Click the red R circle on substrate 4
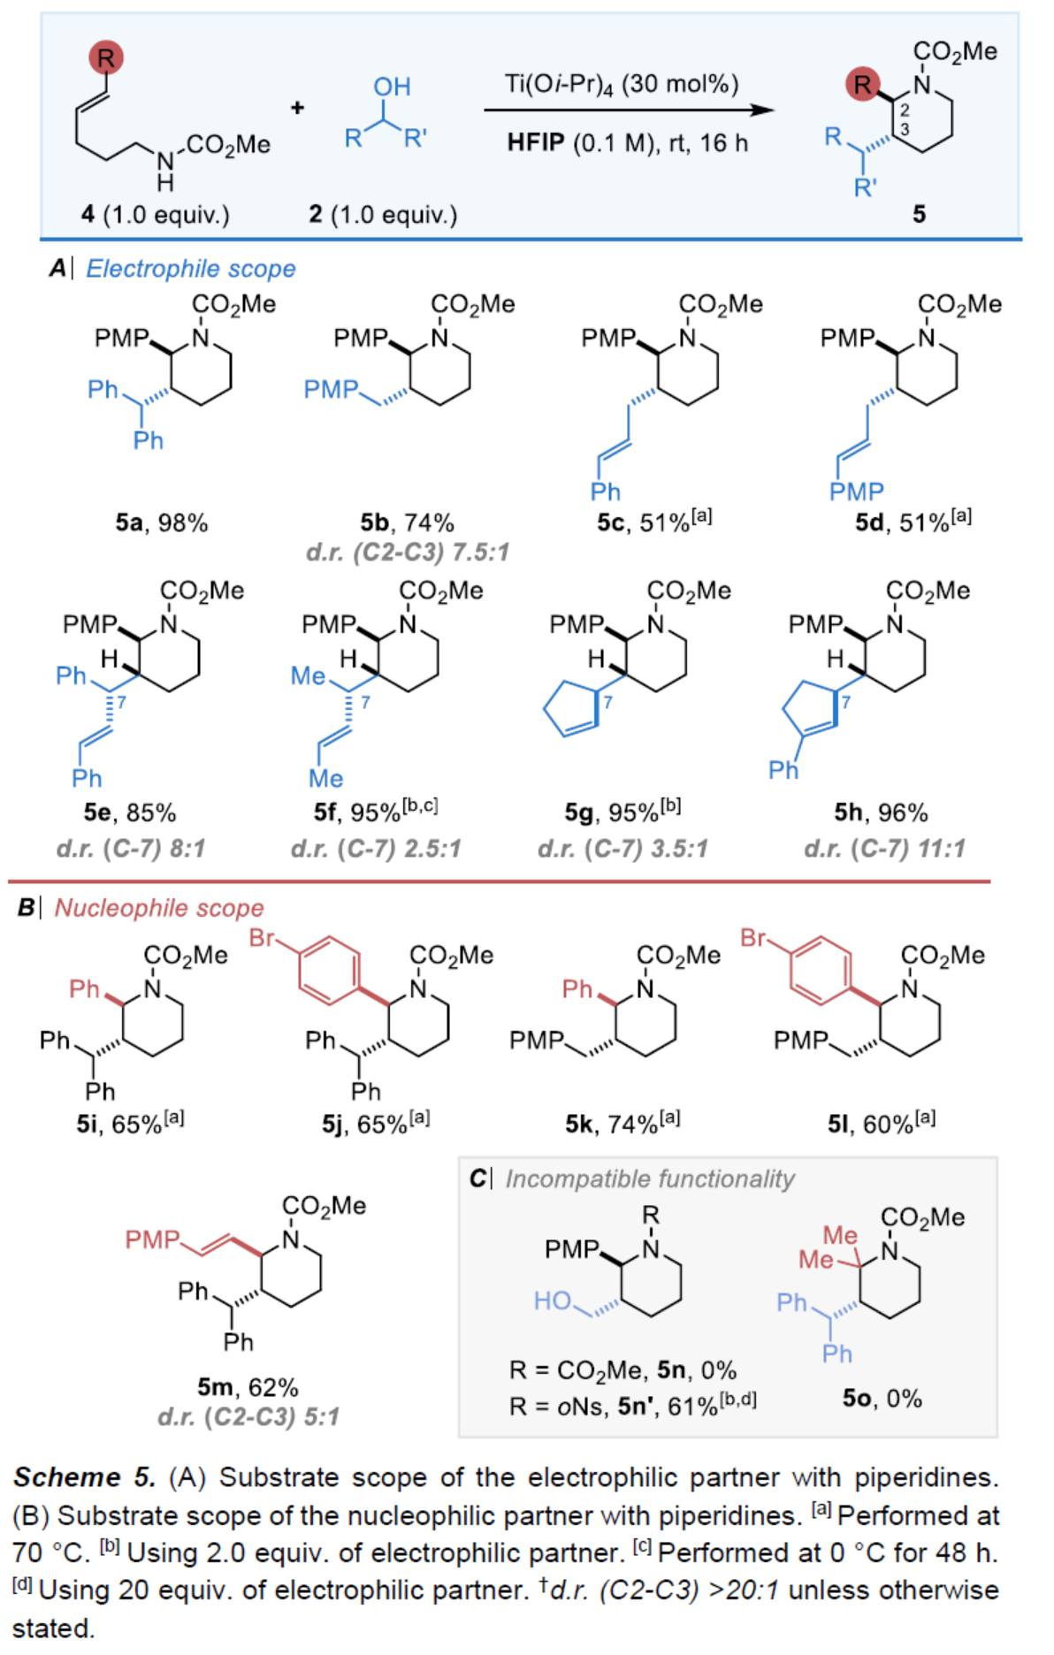[105, 58]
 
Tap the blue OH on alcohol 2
[392, 87]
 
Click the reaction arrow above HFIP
[628, 110]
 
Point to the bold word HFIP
[535, 142]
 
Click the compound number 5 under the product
[919, 214]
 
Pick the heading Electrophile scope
[190, 269]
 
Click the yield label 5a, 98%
[161, 522]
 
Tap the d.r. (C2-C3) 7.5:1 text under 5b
[408, 553]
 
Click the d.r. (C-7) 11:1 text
[884, 849]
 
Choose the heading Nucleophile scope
[159, 908]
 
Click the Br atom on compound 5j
[263, 937]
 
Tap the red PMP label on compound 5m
[152, 1239]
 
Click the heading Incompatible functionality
[649, 1178]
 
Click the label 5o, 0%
[882, 1398]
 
